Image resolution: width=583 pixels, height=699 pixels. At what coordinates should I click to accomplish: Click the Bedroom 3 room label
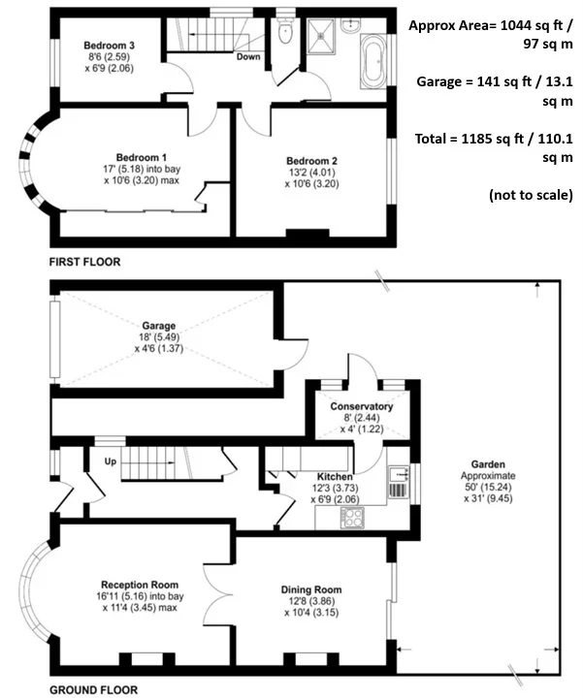110,46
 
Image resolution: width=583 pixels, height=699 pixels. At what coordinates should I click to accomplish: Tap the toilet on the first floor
284,30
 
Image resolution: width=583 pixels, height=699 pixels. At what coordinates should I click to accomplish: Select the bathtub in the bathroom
373,61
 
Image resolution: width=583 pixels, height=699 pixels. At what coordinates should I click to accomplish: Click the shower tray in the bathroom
321,36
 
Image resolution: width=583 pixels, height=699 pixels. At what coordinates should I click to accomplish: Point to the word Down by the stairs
248,56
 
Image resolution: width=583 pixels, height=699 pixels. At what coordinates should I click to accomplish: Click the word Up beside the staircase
111,461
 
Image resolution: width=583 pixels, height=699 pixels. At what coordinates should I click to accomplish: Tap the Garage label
159,326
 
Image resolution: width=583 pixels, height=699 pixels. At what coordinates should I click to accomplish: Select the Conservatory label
362,406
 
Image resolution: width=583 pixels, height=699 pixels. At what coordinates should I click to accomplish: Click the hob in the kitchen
352,518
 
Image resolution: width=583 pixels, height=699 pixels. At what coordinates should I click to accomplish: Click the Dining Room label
311,589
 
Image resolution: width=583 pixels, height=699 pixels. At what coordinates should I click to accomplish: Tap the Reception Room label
140,585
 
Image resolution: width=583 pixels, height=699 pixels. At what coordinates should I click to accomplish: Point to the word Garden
488,464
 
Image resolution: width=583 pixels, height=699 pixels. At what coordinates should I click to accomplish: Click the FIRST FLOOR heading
84,262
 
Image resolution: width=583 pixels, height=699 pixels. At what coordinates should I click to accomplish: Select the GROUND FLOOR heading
94,690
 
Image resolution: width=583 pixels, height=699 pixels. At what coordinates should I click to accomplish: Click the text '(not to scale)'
531,195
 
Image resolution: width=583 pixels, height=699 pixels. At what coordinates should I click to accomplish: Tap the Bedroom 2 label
311,161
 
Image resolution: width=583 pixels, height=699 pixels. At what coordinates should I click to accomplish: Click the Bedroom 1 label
142,157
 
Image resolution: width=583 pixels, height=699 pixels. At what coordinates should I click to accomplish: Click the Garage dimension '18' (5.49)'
159,337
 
